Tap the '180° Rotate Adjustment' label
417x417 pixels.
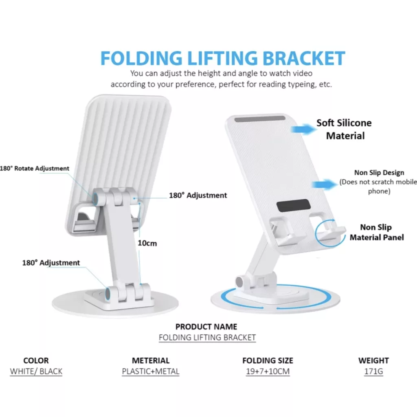point(35,168)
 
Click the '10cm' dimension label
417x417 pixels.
point(147,244)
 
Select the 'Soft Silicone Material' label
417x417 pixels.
point(345,129)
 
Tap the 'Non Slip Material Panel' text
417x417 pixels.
point(377,232)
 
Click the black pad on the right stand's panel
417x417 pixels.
point(292,206)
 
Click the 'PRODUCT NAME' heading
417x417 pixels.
point(206,327)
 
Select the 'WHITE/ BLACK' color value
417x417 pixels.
point(36,371)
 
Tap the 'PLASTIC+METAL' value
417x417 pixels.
point(151,371)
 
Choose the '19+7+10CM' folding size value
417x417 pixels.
point(268,371)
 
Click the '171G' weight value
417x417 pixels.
point(373,371)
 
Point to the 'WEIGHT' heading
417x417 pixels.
point(373,360)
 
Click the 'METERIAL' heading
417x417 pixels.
point(151,360)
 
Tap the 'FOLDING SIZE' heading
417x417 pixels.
point(268,360)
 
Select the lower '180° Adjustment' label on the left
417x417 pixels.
point(51,263)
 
